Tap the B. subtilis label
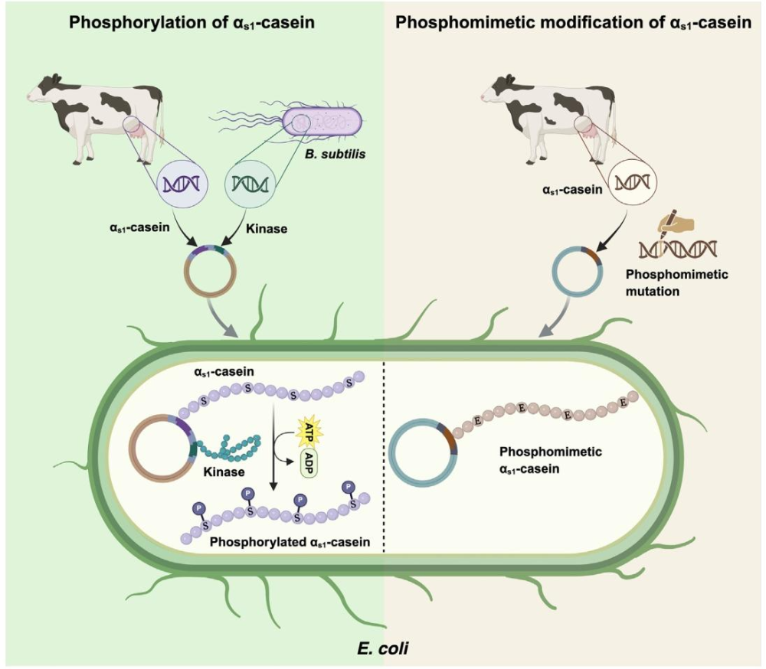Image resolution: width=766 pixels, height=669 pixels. pos(336,155)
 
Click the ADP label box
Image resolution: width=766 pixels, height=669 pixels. pos(308,463)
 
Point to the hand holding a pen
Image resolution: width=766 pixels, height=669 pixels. pos(676,224)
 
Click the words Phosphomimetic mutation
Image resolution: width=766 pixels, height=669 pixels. pos(676,282)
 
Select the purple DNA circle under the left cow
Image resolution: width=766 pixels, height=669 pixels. pos(182,184)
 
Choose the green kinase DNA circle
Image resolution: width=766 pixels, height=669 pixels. pos(250,184)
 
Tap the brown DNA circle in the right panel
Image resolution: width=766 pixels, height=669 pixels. pos(632,183)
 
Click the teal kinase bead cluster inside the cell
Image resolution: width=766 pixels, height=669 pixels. pos(234,448)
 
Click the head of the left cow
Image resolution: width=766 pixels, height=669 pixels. pos(43,88)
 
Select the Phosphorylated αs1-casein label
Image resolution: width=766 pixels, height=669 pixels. pos(290,542)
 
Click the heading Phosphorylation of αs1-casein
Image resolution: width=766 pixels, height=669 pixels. pos(191,22)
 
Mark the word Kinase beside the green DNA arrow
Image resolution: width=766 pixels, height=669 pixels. pos(267,229)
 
